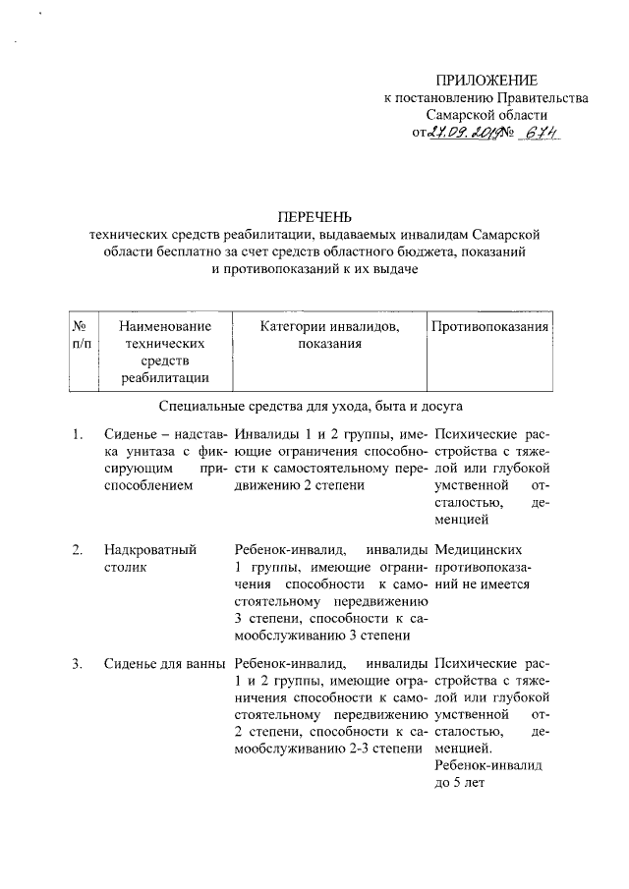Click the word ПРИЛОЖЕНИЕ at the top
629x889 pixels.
click(487, 79)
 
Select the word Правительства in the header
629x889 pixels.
click(543, 97)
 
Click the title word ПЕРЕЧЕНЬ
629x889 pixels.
click(314, 216)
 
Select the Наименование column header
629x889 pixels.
click(163, 326)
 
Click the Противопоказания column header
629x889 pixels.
click(488, 326)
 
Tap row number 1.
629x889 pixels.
click(77, 432)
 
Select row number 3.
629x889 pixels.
click(77, 666)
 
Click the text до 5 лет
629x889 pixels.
click(461, 782)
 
